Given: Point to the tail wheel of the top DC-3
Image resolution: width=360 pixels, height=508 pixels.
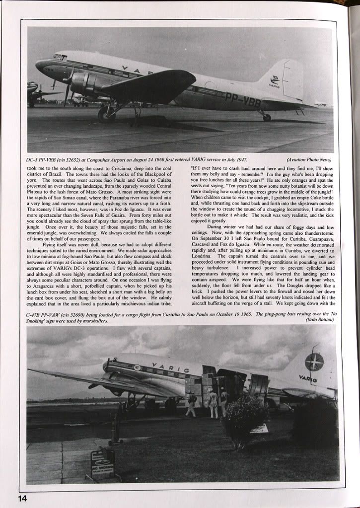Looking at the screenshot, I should (x=267, y=117).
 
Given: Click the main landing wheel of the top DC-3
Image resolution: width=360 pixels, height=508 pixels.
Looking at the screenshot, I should (x=107, y=115).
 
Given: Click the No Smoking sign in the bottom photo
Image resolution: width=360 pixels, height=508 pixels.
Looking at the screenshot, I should (x=103, y=464).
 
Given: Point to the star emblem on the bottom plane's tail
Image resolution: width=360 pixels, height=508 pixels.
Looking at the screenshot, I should (x=314, y=362).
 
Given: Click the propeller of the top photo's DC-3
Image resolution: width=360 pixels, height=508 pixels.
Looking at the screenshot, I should (x=69, y=87).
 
